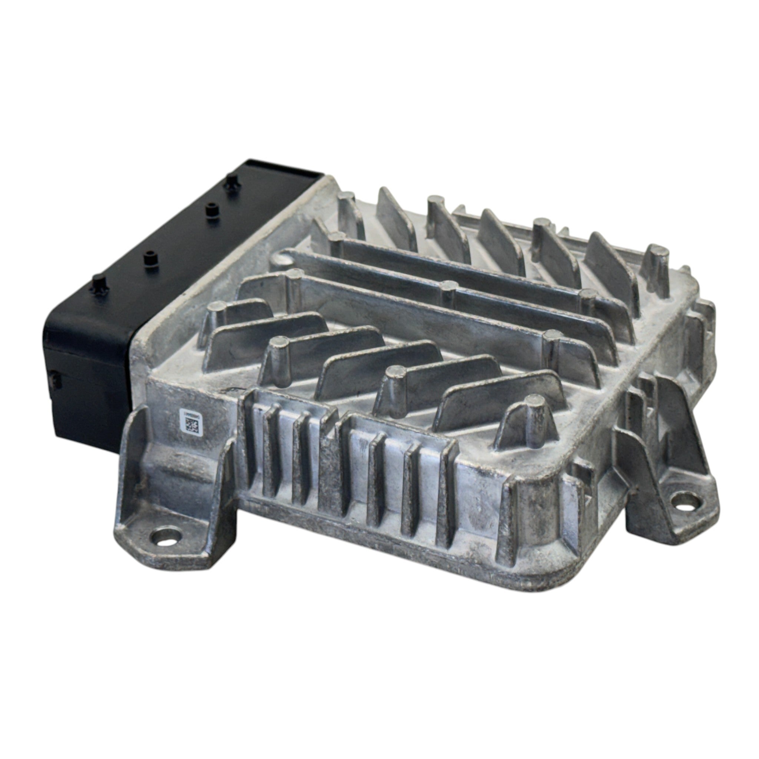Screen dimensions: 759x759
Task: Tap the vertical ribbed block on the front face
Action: pyautogui.click(x=346, y=464)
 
